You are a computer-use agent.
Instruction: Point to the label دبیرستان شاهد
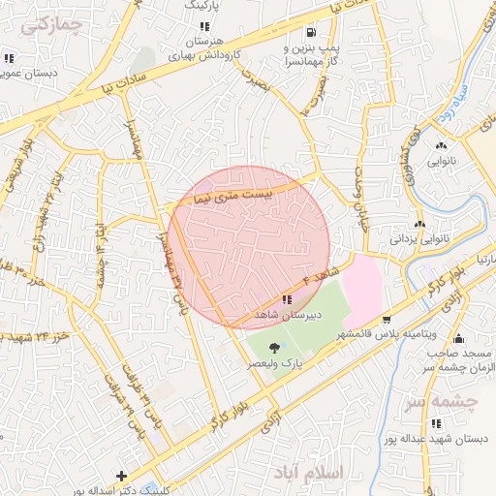coord(288,316)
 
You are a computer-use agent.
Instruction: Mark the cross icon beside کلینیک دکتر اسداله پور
coord(120,476)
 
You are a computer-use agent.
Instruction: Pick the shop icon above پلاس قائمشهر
coord(387,320)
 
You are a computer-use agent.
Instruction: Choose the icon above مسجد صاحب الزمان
coord(458,339)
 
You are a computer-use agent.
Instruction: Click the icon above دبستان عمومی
coord(9,58)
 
